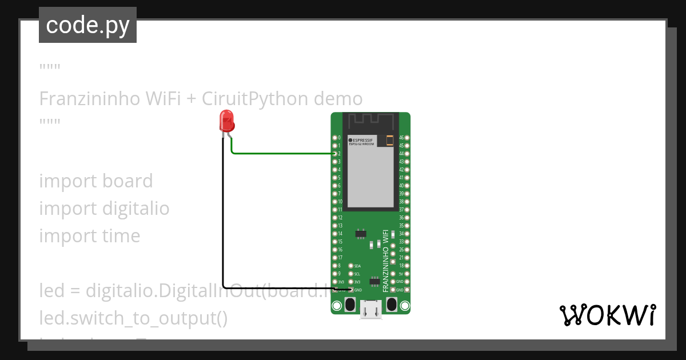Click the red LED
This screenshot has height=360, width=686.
[226, 122]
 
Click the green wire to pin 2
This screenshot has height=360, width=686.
[280, 154]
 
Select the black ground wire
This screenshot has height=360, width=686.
[223, 229]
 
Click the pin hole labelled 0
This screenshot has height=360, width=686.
[334, 138]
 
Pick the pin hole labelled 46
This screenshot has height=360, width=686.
[407, 138]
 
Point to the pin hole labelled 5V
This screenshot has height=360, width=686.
[407, 274]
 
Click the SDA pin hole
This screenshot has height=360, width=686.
[350, 266]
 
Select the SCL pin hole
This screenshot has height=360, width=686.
[350, 274]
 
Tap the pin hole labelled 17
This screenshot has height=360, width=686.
[334, 258]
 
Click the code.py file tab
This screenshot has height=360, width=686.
[87, 25]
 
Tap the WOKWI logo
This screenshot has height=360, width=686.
[607, 315]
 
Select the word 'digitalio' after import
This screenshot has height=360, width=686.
[135, 209]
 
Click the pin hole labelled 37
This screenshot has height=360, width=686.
[407, 210]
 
